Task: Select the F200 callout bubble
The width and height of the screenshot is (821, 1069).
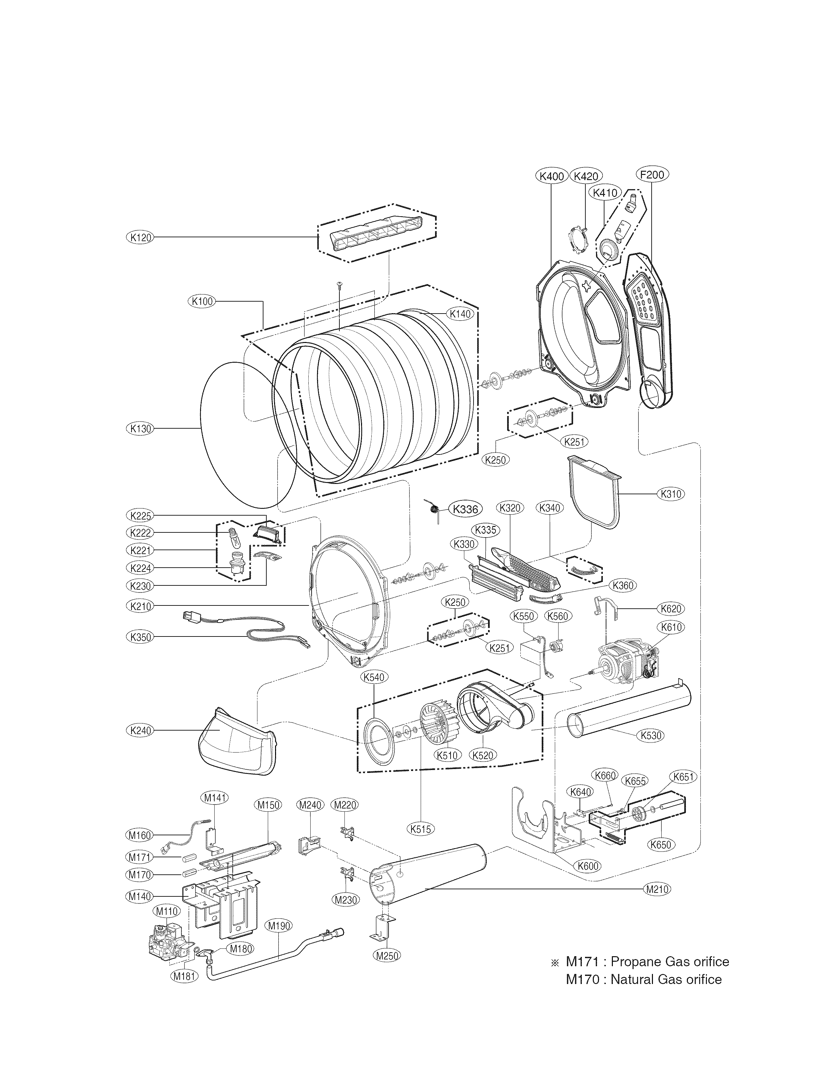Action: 652,175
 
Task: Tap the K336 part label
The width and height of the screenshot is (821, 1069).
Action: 465,509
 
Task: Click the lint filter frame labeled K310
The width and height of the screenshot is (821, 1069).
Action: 594,494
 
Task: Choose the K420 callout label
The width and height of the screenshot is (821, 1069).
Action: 586,176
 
